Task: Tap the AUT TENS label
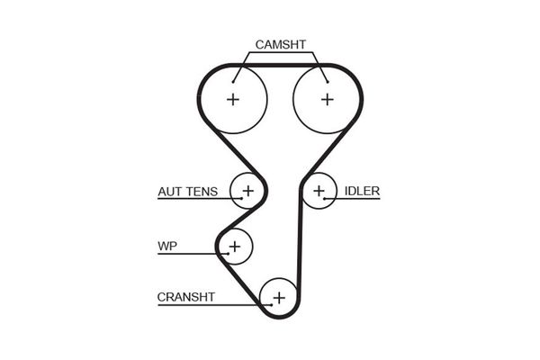[x=187, y=191]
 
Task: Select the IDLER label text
[x=363, y=191]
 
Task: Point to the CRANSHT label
[x=186, y=296]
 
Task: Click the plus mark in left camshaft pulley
[x=233, y=99]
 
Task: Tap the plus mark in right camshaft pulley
[x=326, y=99]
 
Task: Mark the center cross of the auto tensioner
[x=247, y=191]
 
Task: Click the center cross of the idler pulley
[x=319, y=191]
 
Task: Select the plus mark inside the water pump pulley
[x=235, y=245]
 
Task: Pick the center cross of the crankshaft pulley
[x=279, y=297]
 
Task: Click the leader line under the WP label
[x=189, y=253]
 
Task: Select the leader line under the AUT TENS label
[x=193, y=199]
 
